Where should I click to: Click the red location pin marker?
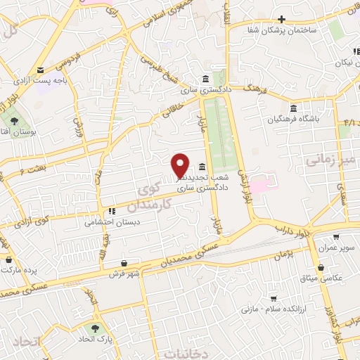(181, 165)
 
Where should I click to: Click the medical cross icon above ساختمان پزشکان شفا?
(281, 19)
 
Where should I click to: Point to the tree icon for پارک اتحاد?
(94, 328)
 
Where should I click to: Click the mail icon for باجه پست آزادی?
(40, 70)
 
